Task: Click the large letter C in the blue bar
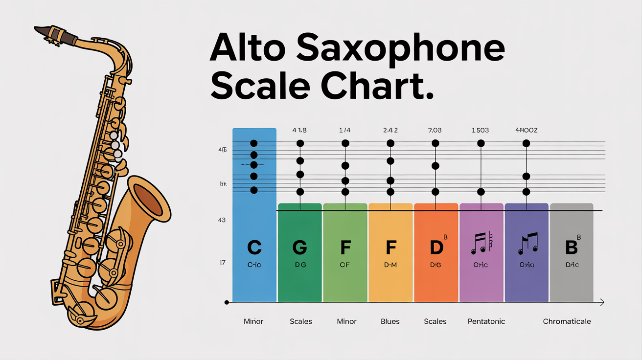tap(254, 247)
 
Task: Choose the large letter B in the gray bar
tap(571, 247)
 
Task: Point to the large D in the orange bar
tap(436, 247)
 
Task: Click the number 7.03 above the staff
tap(435, 131)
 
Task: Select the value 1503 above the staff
tap(480, 131)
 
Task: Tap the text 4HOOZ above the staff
tap(526, 131)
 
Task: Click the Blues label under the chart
tap(390, 321)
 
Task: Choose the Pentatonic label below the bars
tap(486, 321)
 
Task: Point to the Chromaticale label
tap(567, 321)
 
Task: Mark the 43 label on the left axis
tap(221, 220)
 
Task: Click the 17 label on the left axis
tap(222, 263)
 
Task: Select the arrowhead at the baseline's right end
tap(602, 303)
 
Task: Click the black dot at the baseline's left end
tap(227, 303)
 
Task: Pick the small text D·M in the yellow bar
tap(390, 265)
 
